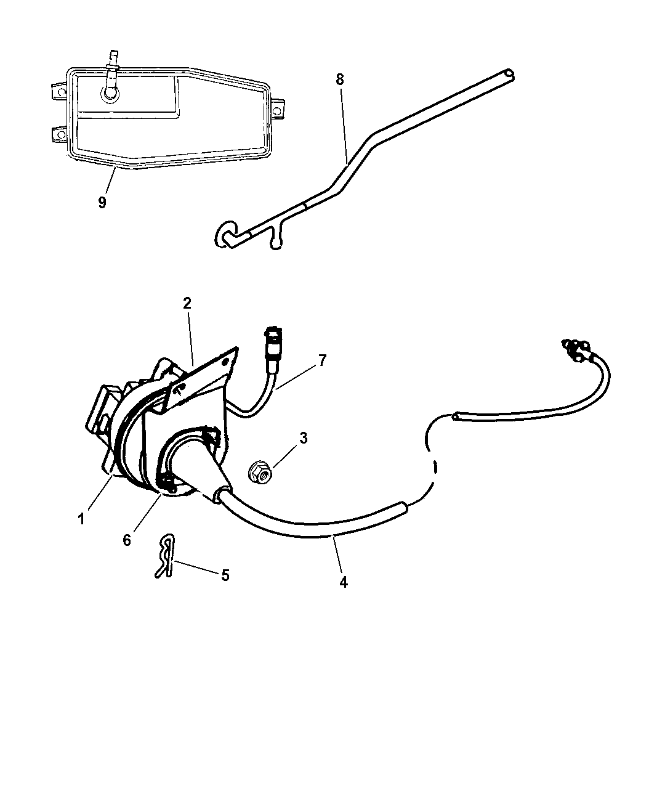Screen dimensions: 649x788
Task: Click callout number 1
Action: (x=81, y=519)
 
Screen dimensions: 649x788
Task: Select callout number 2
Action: (x=187, y=303)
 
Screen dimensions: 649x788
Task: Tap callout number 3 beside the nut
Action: (x=304, y=438)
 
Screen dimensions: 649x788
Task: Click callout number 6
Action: (x=127, y=540)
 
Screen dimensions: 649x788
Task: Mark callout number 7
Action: (x=321, y=360)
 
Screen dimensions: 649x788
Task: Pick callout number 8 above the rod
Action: (x=340, y=79)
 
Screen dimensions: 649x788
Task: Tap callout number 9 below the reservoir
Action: (x=102, y=202)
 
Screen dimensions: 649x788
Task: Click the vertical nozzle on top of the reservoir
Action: (x=112, y=65)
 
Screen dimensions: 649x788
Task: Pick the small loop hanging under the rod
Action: (x=275, y=240)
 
